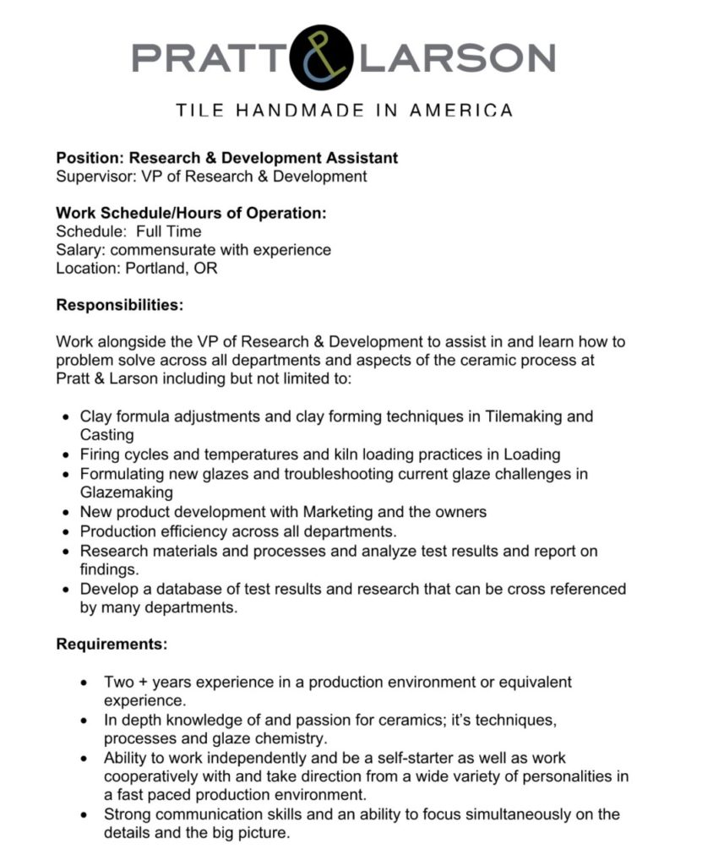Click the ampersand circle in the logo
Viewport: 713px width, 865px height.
[321, 57]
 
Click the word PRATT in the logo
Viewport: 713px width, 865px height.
[209, 57]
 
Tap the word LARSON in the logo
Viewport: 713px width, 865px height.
[457, 57]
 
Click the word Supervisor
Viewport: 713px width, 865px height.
[91, 177]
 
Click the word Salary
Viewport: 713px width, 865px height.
[79, 250]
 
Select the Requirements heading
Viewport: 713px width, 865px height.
[112, 645]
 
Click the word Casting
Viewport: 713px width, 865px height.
[106, 435]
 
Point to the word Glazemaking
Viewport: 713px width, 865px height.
[126, 492]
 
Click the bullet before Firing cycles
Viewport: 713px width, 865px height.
[67, 455]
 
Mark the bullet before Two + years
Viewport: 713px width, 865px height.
[83, 683]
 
